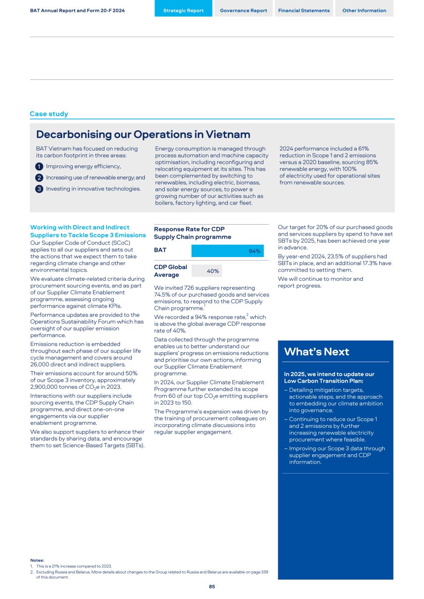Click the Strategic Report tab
183,10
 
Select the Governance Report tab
243,10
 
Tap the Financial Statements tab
304,10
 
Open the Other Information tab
364,10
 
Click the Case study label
49,114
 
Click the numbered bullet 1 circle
39,166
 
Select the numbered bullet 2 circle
39,178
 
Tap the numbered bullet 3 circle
39,189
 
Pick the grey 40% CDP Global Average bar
206,271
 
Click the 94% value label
255,251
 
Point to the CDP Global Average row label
170,271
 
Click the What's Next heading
316,352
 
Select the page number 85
212,587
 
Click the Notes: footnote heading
37,560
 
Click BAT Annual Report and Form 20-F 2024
77,10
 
